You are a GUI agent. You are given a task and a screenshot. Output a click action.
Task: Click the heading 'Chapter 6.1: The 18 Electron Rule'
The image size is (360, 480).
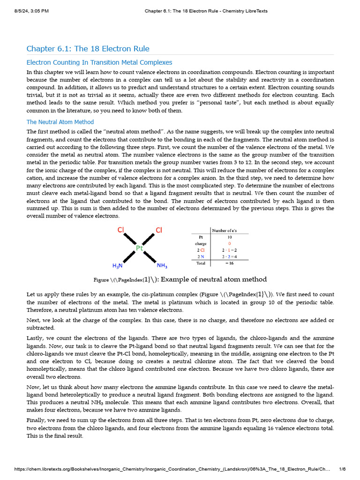point(88,49)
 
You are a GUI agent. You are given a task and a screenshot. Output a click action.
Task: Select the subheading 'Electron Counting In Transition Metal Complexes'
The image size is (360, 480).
point(99,62)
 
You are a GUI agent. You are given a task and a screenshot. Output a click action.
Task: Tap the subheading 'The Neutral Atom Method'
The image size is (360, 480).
point(60,122)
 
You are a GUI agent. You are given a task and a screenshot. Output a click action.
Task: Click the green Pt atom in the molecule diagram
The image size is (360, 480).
point(139,248)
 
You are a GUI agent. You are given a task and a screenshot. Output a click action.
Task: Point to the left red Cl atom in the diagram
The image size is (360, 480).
point(120,230)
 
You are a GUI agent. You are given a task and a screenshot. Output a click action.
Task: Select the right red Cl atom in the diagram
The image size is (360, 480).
point(159,230)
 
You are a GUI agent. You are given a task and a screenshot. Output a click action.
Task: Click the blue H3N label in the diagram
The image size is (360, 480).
point(118,266)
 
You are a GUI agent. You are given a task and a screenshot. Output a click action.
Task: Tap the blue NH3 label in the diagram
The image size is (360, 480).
point(162,266)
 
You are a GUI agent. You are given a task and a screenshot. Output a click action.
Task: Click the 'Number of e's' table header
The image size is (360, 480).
point(229,231)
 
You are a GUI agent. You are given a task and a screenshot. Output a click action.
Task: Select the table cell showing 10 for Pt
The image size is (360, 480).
point(229,237)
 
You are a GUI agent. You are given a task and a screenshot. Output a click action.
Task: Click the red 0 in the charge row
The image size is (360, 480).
point(229,244)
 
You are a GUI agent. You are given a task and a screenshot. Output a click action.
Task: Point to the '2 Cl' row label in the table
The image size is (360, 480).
point(201,250)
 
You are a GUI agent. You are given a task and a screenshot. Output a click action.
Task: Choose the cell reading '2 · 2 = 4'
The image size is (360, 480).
point(229,257)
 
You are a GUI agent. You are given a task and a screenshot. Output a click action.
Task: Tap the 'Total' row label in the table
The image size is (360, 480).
point(201,263)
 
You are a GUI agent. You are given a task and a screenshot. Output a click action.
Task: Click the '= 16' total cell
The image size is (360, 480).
point(229,263)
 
